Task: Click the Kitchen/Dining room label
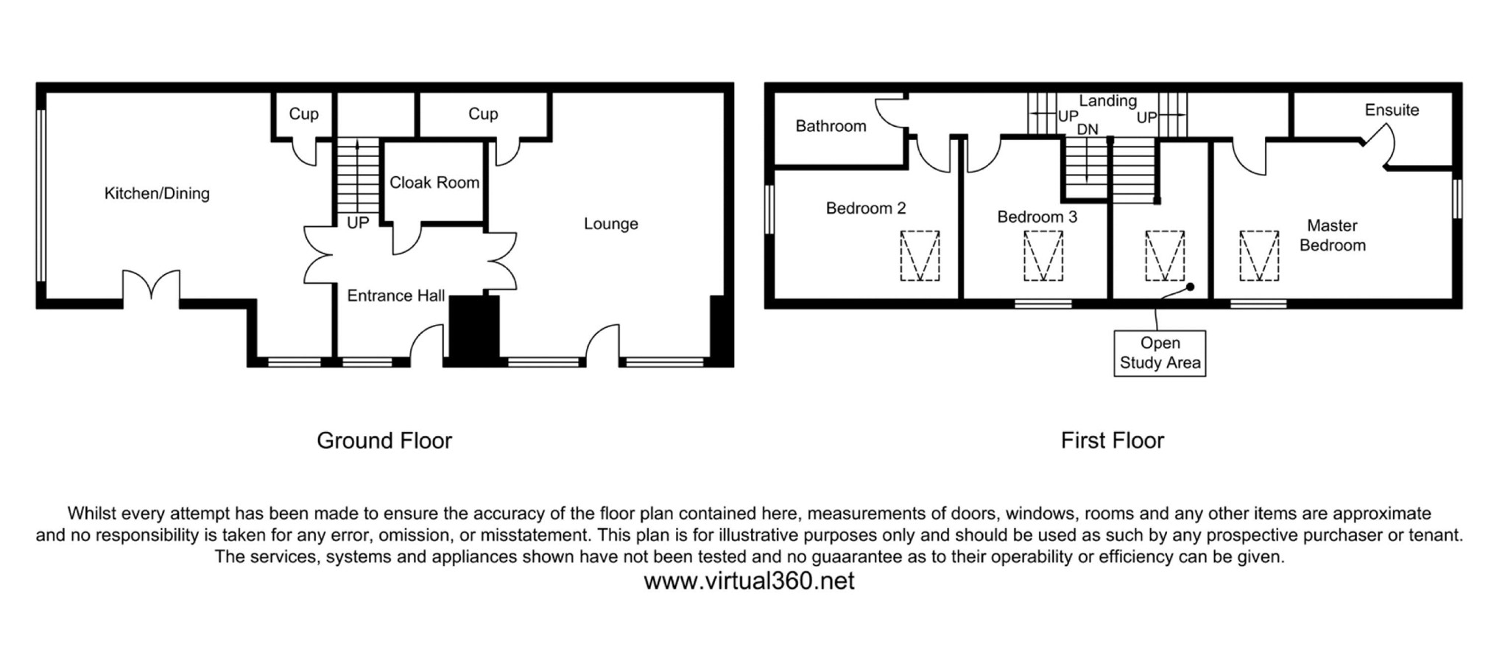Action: [157, 194]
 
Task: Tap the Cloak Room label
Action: [434, 183]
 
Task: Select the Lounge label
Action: [610, 224]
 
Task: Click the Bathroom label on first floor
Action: [831, 126]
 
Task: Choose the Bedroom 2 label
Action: [865, 209]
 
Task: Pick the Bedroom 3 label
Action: [1037, 217]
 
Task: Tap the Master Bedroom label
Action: [1332, 236]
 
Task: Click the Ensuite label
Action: [1391, 111]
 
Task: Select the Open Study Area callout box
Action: [1160, 353]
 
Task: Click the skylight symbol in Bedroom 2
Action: [920, 256]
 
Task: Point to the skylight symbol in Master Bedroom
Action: [1259, 256]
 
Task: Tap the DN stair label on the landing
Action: [1088, 130]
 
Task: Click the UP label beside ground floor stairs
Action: [358, 223]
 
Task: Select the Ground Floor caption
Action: [384, 441]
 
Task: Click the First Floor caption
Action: [1112, 441]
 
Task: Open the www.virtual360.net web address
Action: [749, 581]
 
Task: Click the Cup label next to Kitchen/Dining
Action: [303, 114]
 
